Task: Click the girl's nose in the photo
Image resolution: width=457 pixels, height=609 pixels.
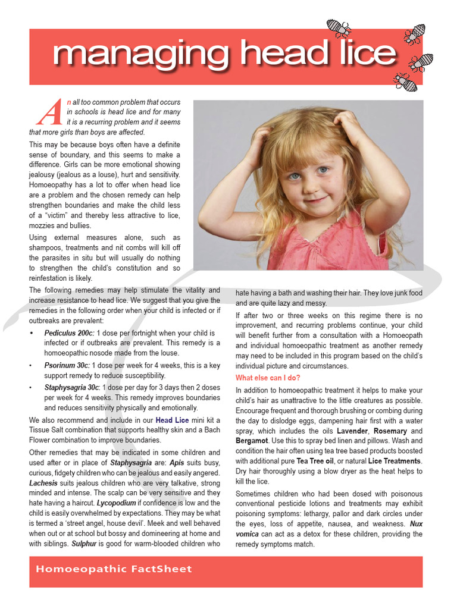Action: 311,184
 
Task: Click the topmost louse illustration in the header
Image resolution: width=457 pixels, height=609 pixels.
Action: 339,27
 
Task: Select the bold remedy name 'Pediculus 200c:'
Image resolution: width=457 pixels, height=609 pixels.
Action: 69,333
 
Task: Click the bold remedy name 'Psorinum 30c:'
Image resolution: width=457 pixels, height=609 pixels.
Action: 67,365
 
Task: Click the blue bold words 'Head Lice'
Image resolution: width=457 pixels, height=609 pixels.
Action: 172,420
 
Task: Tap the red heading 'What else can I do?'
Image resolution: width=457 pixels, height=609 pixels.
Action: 268,378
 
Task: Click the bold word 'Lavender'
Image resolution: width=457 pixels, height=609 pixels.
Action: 353,431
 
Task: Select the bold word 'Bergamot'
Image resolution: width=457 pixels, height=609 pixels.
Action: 251,441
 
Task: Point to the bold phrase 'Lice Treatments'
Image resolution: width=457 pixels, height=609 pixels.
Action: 394,461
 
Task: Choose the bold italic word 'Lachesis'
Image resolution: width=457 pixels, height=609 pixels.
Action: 44,483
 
